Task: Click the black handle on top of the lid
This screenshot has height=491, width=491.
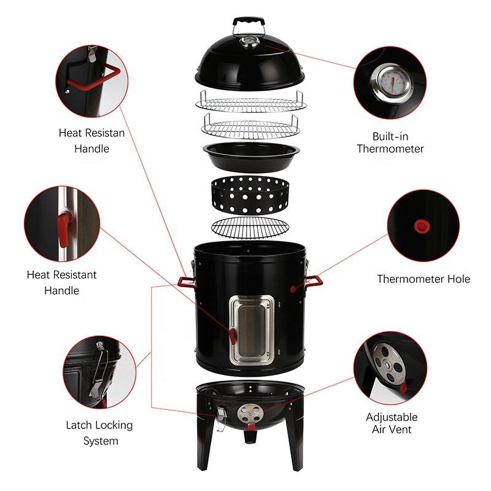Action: click(249, 22)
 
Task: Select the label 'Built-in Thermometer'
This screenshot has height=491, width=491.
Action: click(390, 142)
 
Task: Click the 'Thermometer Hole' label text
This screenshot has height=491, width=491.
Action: click(423, 279)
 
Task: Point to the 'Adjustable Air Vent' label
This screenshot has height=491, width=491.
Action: click(392, 423)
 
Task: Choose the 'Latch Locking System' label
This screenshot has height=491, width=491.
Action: click(99, 433)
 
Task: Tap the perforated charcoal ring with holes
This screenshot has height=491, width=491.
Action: click(250, 195)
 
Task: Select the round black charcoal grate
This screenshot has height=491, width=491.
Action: click(250, 228)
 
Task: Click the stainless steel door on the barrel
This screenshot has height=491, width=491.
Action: click(252, 330)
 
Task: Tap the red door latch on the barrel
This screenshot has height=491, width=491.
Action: click(233, 336)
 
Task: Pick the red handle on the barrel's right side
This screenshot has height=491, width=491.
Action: click(313, 280)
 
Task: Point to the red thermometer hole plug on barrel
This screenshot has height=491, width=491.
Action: click(293, 288)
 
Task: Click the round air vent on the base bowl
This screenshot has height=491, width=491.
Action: click(250, 414)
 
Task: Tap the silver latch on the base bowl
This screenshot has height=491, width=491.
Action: click(221, 417)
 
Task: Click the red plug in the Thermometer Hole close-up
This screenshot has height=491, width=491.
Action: click(422, 226)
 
